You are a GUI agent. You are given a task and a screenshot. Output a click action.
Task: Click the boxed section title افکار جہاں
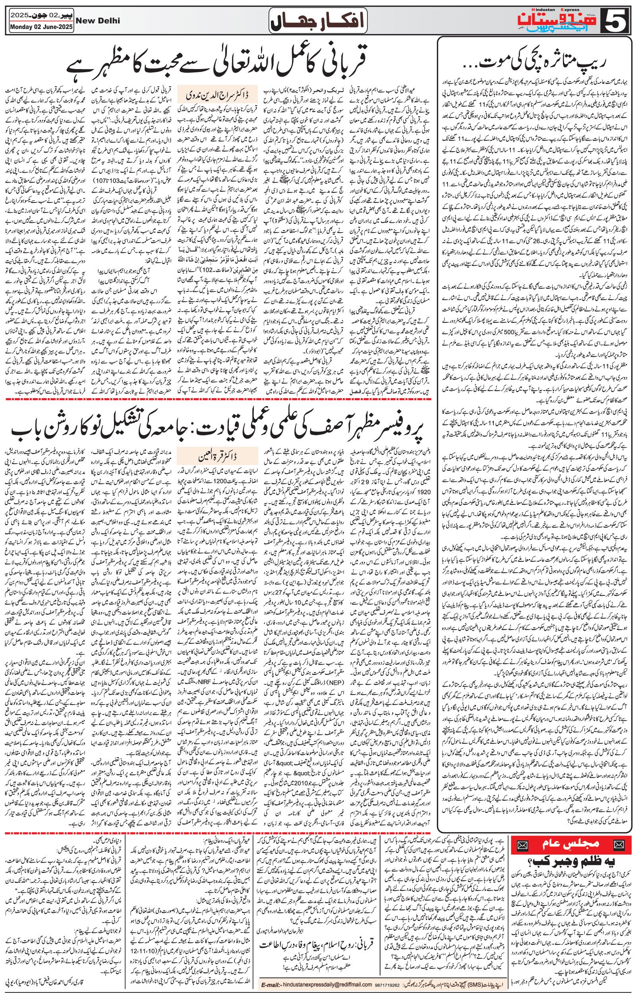coord(317,21)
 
